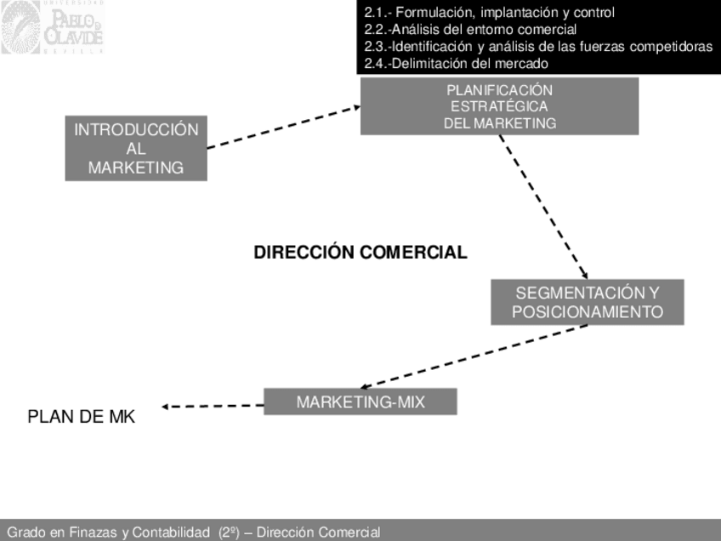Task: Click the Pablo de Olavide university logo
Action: [x=52, y=28]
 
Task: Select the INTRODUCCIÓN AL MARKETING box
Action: [x=136, y=149]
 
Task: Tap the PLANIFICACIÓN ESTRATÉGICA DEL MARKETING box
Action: [x=499, y=106]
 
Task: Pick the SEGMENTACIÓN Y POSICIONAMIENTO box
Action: [x=588, y=302]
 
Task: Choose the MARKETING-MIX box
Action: [x=360, y=401]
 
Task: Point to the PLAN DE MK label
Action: [x=82, y=417]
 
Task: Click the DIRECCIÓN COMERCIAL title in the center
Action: [x=360, y=253]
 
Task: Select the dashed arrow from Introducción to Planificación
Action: [x=283, y=127]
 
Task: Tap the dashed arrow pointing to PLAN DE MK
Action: [x=213, y=406]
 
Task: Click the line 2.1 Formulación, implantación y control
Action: [x=489, y=13]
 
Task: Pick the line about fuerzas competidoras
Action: [x=538, y=47]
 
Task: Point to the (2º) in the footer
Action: [x=229, y=532]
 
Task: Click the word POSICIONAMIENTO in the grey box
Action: [x=588, y=311]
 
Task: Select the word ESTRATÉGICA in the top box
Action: [x=499, y=106]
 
